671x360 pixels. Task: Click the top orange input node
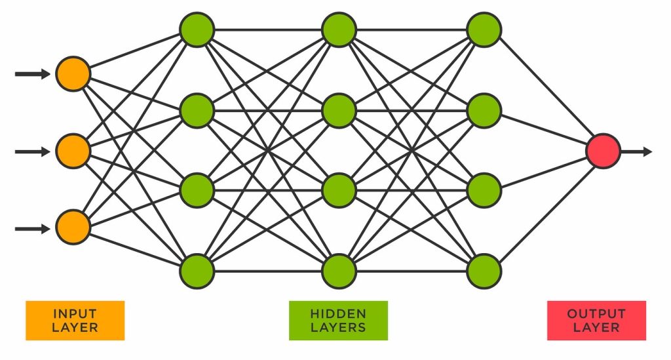(x=73, y=73)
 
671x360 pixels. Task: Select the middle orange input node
(x=73, y=151)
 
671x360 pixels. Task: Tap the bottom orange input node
(x=73, y=228)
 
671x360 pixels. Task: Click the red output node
(x=603, y=151)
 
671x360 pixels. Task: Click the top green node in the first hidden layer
(x=197, y=30)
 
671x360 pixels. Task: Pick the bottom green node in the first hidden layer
(x=197, y=270)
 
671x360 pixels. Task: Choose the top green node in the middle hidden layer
(x=339, y=30)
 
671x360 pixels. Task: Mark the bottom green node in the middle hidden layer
(x=339, y=270)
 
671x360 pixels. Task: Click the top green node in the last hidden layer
(x=484, y=30)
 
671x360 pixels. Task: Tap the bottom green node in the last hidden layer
(x=484, y=270)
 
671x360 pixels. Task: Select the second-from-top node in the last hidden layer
(x=484, y=110)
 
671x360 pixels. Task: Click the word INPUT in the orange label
(x=75, y=313)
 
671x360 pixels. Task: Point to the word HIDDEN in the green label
(x=338, y=313)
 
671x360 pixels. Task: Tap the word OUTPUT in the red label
(x=596, y=313)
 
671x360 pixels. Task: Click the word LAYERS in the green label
(x=338, y=327)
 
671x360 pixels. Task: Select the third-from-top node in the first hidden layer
(x=197, y=190)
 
